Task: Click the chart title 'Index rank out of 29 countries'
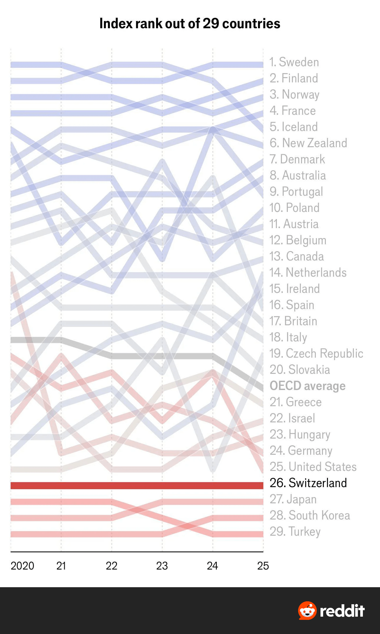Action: tap(190, 24)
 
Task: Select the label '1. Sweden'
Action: tap(294, 62)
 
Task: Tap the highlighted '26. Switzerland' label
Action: tap(308, 483)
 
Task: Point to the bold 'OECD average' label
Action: tap(308, 386)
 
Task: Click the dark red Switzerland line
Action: tap(137, 486)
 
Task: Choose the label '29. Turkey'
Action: tap(295, 532)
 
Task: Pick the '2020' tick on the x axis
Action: tap(22, 566)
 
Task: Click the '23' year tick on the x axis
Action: tap(162, 566)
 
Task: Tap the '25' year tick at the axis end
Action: tap(263, 566)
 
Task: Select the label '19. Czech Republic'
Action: tap(316, 353)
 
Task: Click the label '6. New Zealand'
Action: tap(308, 143)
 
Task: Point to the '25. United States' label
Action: tap(313, 467)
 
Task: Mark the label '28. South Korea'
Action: tap(310, 515)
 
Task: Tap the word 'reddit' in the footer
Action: tap(342, 611)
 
